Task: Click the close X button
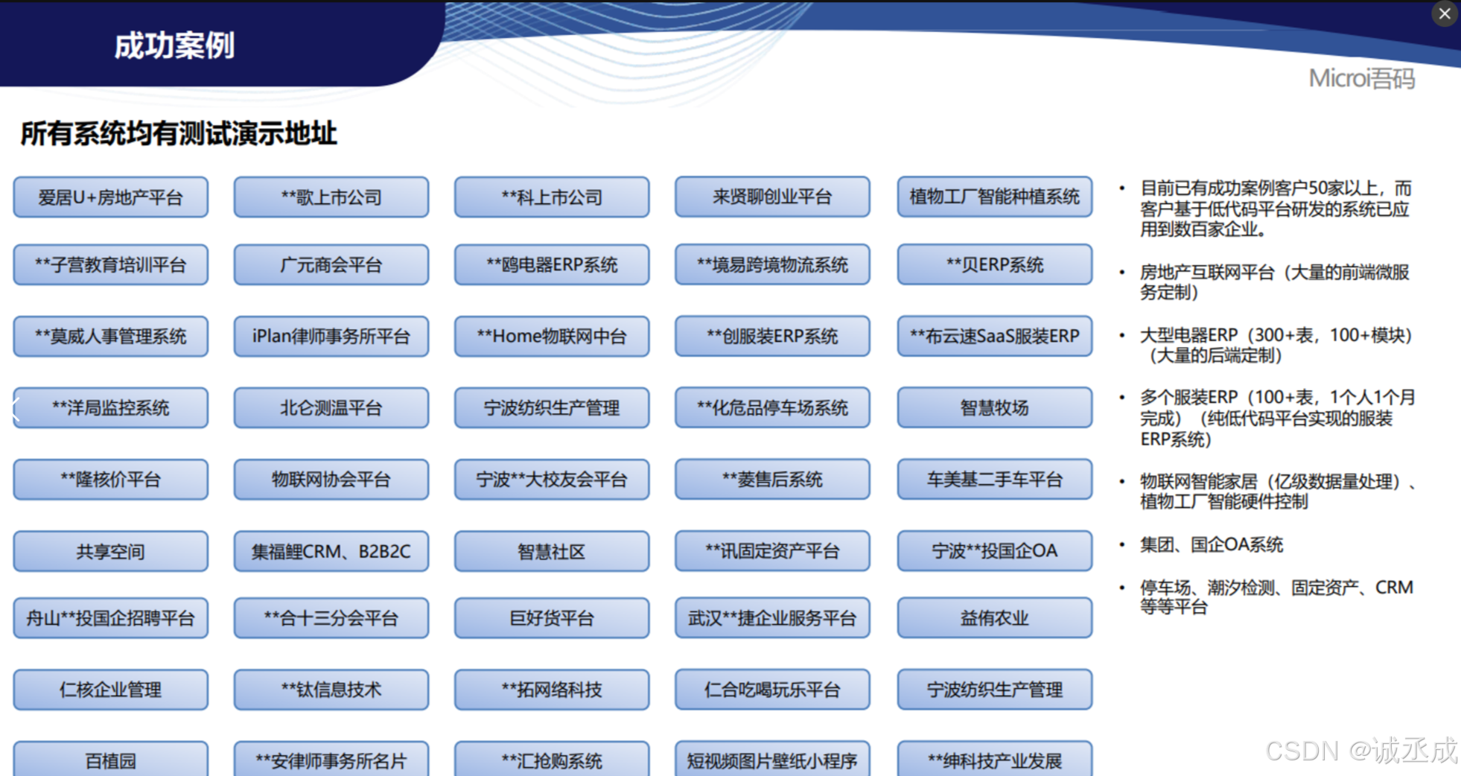tap(1444, 13)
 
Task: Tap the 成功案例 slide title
tap(174, 45)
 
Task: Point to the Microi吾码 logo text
tap(1361, 78)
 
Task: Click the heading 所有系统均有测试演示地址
tap(179, 134)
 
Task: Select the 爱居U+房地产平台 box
tap(110, 197)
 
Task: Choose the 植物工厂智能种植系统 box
tap(994, 197)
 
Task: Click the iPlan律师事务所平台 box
tap(331, 337)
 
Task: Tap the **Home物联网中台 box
tap(551, 337)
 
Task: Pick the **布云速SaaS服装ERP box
tap(994, 337)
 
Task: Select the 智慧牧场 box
tap(994, 408)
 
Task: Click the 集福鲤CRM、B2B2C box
tap(331, 552)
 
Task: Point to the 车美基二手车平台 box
tap(994, 480)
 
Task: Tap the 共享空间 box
tap(110, 552)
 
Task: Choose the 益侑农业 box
tap(994, 618)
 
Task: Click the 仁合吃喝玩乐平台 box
tap(772, 690)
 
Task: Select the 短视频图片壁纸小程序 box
tap(772, 760)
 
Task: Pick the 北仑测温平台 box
tap(331, 408)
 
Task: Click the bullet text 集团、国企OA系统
tap(1211, 545)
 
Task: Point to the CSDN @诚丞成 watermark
tap(1361, 751)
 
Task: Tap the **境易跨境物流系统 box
tap(772, 265)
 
